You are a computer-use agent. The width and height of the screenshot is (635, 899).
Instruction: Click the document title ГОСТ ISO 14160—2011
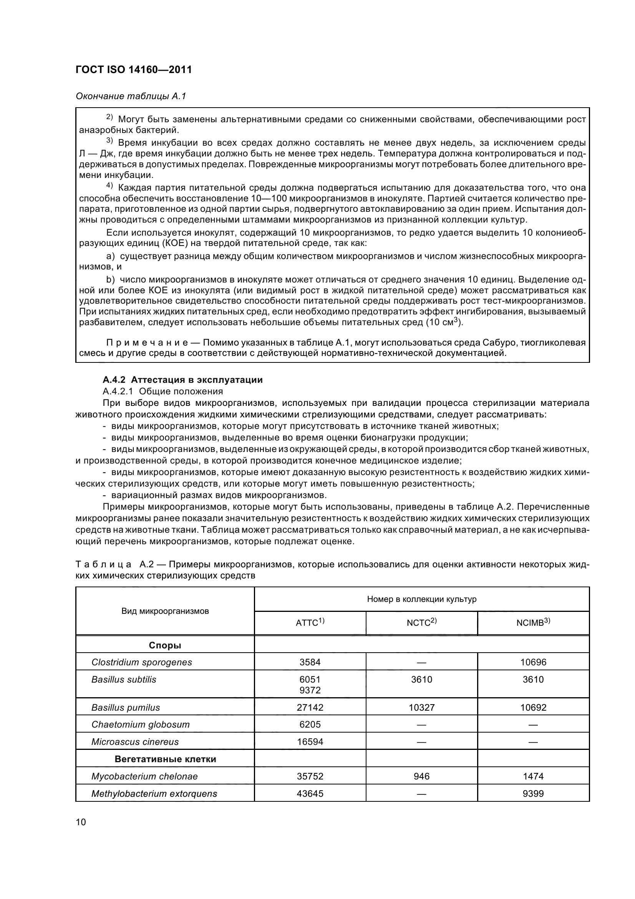pyautogui.click(x=133, y=70)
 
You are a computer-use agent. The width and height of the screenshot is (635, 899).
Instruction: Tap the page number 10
pyautogui.click(x=81, y=821)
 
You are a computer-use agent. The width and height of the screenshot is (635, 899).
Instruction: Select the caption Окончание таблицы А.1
pyautogui.click(x=131, y=96)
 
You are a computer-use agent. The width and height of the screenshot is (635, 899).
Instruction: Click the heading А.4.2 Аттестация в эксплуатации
pyautogui.click(x=182, y=379)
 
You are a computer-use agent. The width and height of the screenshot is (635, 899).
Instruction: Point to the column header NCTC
pyautogui.click(x=421, y=623)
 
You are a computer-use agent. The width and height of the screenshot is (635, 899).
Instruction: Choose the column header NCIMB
pyautogui.click(x=533, y=623)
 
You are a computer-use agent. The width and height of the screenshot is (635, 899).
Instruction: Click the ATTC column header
pyautogui.click(x=310, y=623)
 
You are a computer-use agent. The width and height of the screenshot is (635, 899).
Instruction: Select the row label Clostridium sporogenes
pyautogui.click(x=142, y=662)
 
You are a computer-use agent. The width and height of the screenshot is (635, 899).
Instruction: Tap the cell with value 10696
pyautogui.click(x=533, y=662)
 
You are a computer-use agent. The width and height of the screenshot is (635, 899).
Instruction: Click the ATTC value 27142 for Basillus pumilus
pyautogui.click(x=310, y=708)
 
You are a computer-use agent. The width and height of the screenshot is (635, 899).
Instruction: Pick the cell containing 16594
pyautogui.click(x=310, y=741)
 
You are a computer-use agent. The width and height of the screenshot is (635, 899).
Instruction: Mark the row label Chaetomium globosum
pyautogui.click(x=141, y=725)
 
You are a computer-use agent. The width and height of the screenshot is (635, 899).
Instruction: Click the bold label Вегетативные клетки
pyautogui.click(x=165, y=759)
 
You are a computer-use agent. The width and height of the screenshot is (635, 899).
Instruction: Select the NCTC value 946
pyautogui.click(x=421, y=776)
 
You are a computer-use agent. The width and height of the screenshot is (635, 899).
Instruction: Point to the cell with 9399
pyautogui.click(x=533, y=794)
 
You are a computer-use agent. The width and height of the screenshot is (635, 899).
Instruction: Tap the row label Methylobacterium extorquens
pyautogui.click(x=154, y=794)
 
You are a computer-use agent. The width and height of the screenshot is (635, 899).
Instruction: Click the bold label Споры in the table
pyautogui.click(x=165, y=645)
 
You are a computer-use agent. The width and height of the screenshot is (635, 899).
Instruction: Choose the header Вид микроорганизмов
pyautogui.click(x=165, y=611)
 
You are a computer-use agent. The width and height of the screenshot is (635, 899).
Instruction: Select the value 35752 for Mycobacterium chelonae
pyautogui.click(x=310, y=776)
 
